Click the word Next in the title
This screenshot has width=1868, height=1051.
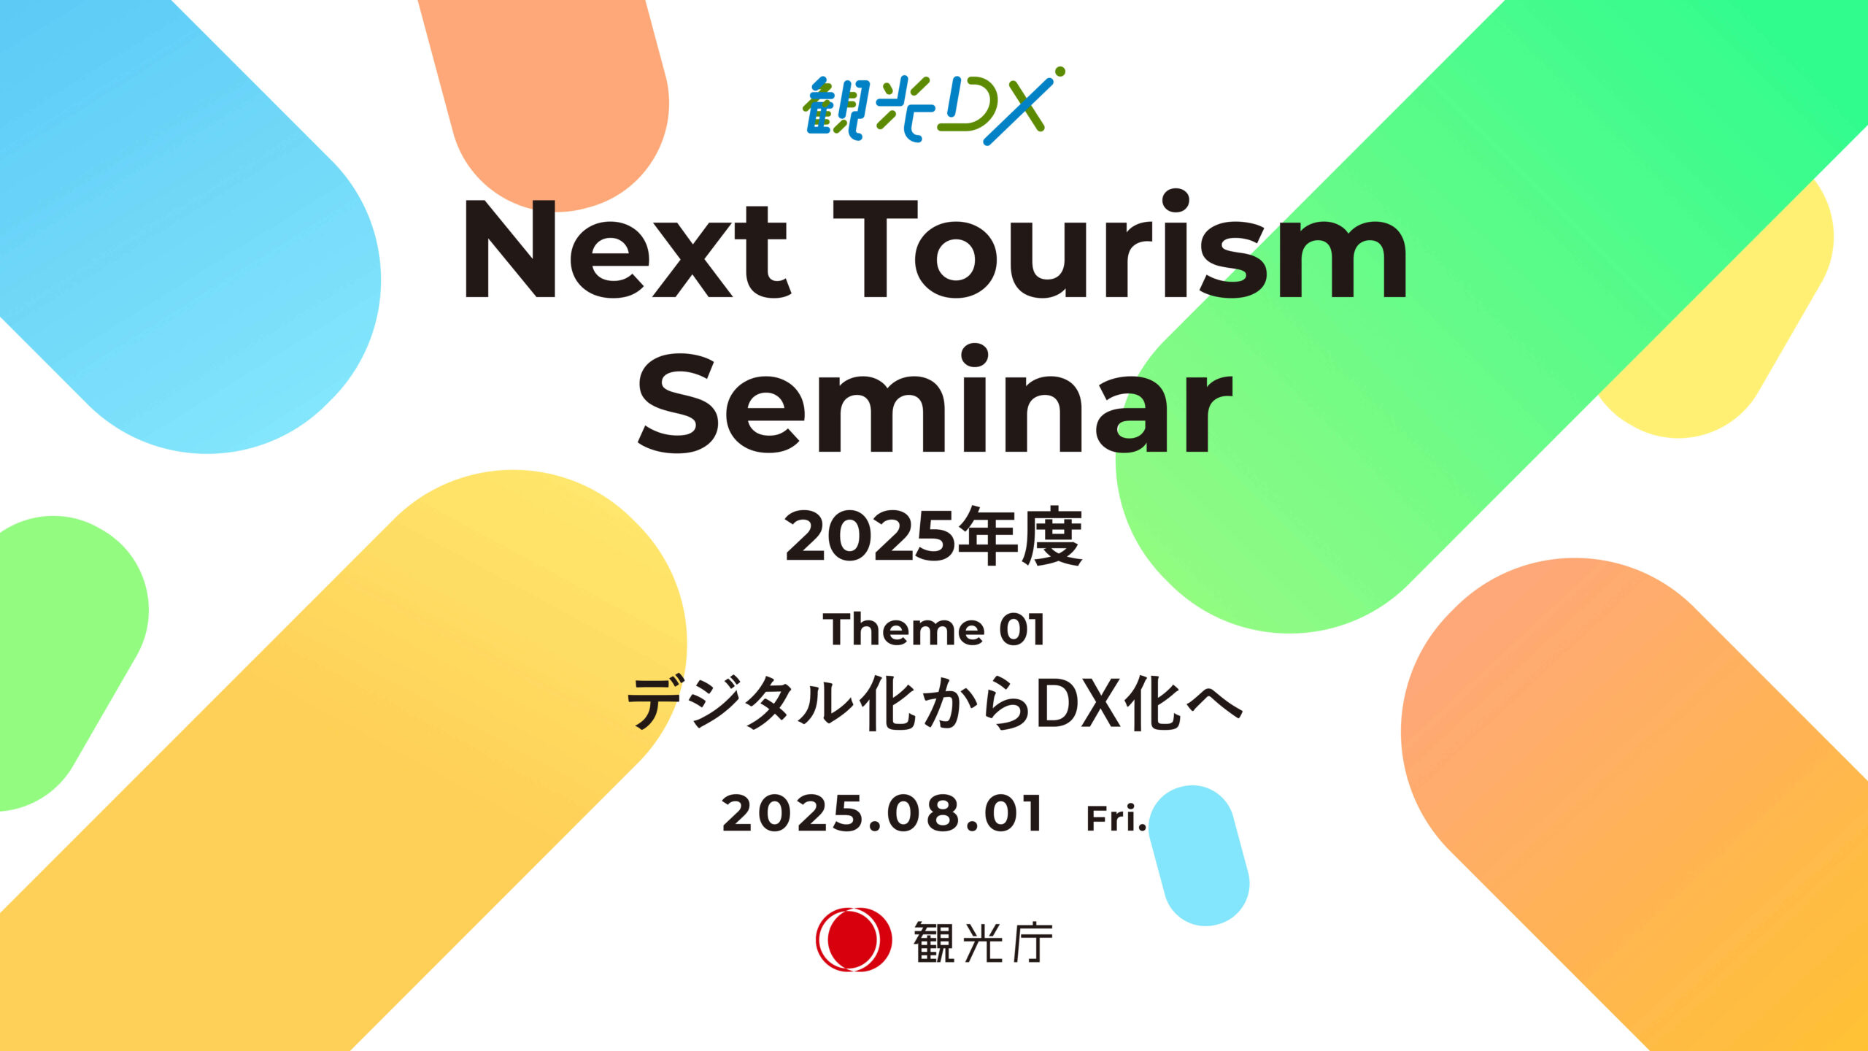click(626, 250)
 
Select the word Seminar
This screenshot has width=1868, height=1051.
click(935, 399)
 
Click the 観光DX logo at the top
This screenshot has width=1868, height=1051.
click(933, 106)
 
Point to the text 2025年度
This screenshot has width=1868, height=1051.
click(933, 538)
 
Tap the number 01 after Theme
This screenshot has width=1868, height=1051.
click(1022, 630)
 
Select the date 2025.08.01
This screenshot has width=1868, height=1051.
click(882, 815)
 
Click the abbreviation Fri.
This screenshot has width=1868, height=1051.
click(1116, 818)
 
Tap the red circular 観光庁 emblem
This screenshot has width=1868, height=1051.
click(853, 939)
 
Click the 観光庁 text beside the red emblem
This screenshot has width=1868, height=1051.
click(983, 942)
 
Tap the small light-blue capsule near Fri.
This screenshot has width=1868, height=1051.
click(1199, 855)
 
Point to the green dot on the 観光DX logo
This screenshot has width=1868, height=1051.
click(1060, 72)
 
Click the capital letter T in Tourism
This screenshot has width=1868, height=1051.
click(875, 249)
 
